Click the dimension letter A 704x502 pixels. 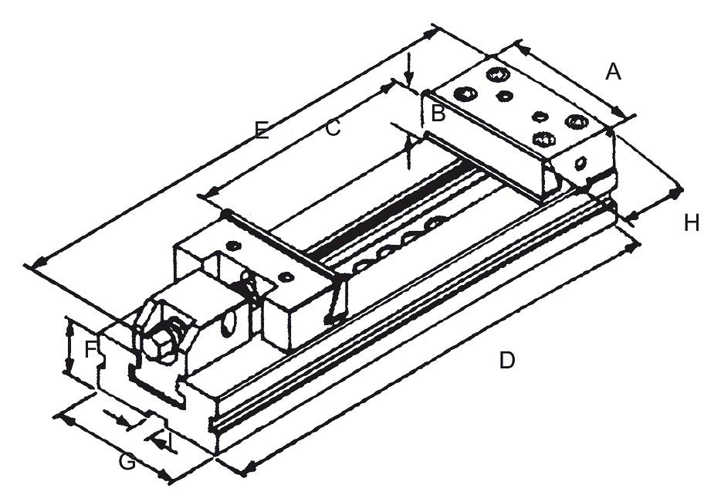(614, 72)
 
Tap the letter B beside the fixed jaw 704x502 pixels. (438, 114)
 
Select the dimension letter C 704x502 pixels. (333, 128)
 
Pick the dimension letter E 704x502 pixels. (262, 131)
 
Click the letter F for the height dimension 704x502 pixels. (91, 349)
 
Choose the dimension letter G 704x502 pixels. (127, 462)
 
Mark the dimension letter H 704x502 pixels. (692, 222)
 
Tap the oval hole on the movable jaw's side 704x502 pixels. (230, 324)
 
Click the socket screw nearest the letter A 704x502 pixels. (576, 121)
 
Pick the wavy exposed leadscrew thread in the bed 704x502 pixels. (401, 245)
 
